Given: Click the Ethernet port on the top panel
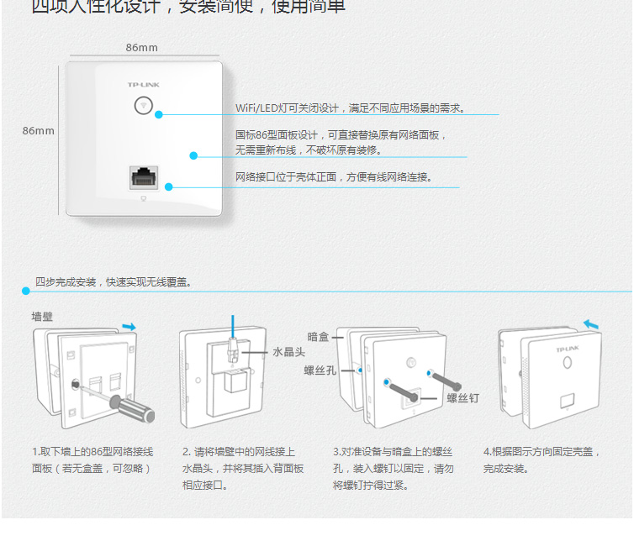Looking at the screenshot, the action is point(143,178).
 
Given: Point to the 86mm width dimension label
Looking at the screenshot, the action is point(141,48).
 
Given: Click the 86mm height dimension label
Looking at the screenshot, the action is point(38,131).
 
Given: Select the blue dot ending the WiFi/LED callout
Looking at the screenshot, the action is point(159,114).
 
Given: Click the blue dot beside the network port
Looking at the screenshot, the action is point(168,186).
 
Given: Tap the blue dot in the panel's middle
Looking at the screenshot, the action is point(193,155).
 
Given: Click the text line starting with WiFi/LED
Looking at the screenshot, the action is point(350,108).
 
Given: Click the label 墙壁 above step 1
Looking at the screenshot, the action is point(43,316).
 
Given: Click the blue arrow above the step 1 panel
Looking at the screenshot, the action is point(129,326).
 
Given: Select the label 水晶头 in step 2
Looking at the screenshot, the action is point(288,352).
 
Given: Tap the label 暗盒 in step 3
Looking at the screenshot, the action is point(319,337).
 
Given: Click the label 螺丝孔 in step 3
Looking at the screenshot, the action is point(320,369).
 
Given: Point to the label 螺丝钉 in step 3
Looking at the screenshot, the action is point(462,398).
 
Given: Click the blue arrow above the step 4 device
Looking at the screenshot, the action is point(592,323).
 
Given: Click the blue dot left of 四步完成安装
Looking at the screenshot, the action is point(26,291).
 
